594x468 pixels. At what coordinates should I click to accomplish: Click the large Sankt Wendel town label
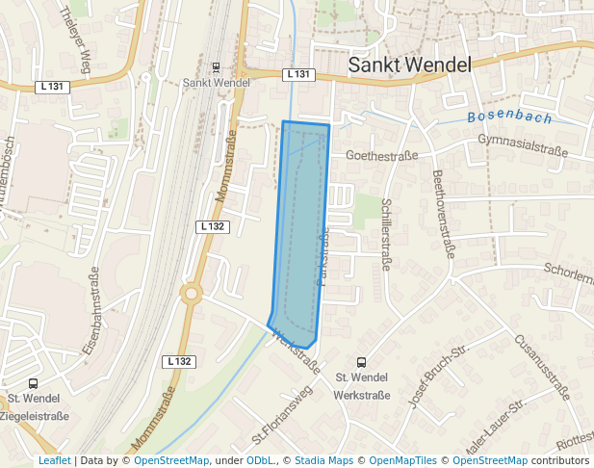pos(409,65)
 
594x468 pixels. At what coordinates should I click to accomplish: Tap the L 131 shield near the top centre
pos(299,74)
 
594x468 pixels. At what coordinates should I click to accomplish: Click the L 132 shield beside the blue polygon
pos(213,226)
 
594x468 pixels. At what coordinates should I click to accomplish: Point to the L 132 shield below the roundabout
pos(179,361)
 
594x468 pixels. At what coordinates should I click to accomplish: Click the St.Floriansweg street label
pos(277,422)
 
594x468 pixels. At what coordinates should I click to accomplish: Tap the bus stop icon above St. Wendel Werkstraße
pos(361,362)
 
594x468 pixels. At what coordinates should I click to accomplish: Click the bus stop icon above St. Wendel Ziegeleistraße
pos(34,383)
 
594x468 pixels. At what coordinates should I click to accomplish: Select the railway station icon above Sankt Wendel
pos(215,67)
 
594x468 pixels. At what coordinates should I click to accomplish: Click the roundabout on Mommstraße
pos(191,294)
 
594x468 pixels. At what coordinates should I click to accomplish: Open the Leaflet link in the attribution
pos(54,460)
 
